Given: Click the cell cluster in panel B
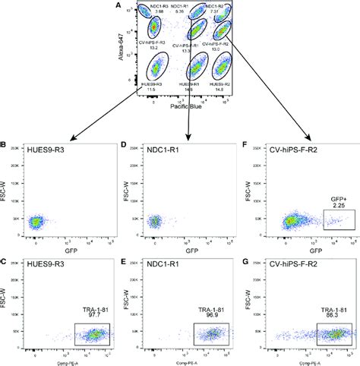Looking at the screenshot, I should coord(36,222).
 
